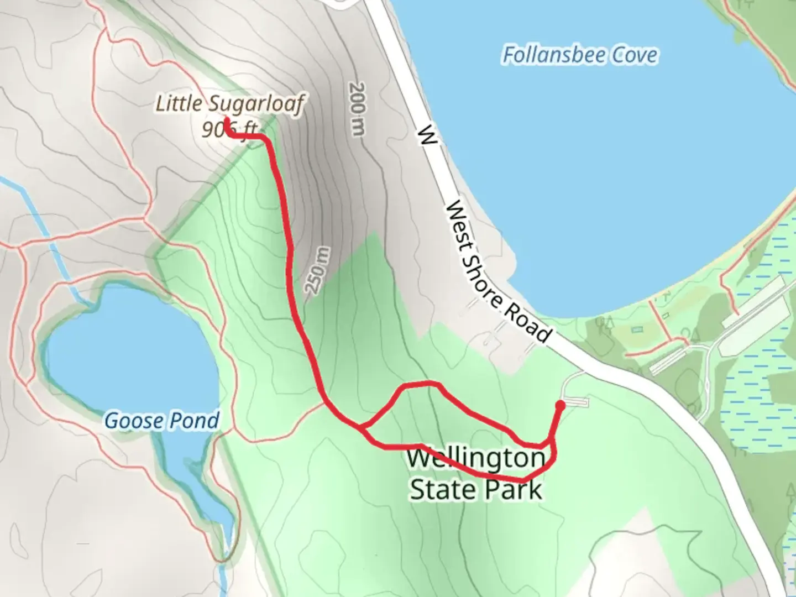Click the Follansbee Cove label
tap(580, 55)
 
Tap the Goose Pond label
tap(162, 421)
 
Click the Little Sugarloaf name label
tap(230, 103)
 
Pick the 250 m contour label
tap(318, 270)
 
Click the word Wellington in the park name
tap(476, 458)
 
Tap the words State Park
tap(476, 490)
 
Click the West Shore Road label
tap(498, 271)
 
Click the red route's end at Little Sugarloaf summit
tap(226, 120)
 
